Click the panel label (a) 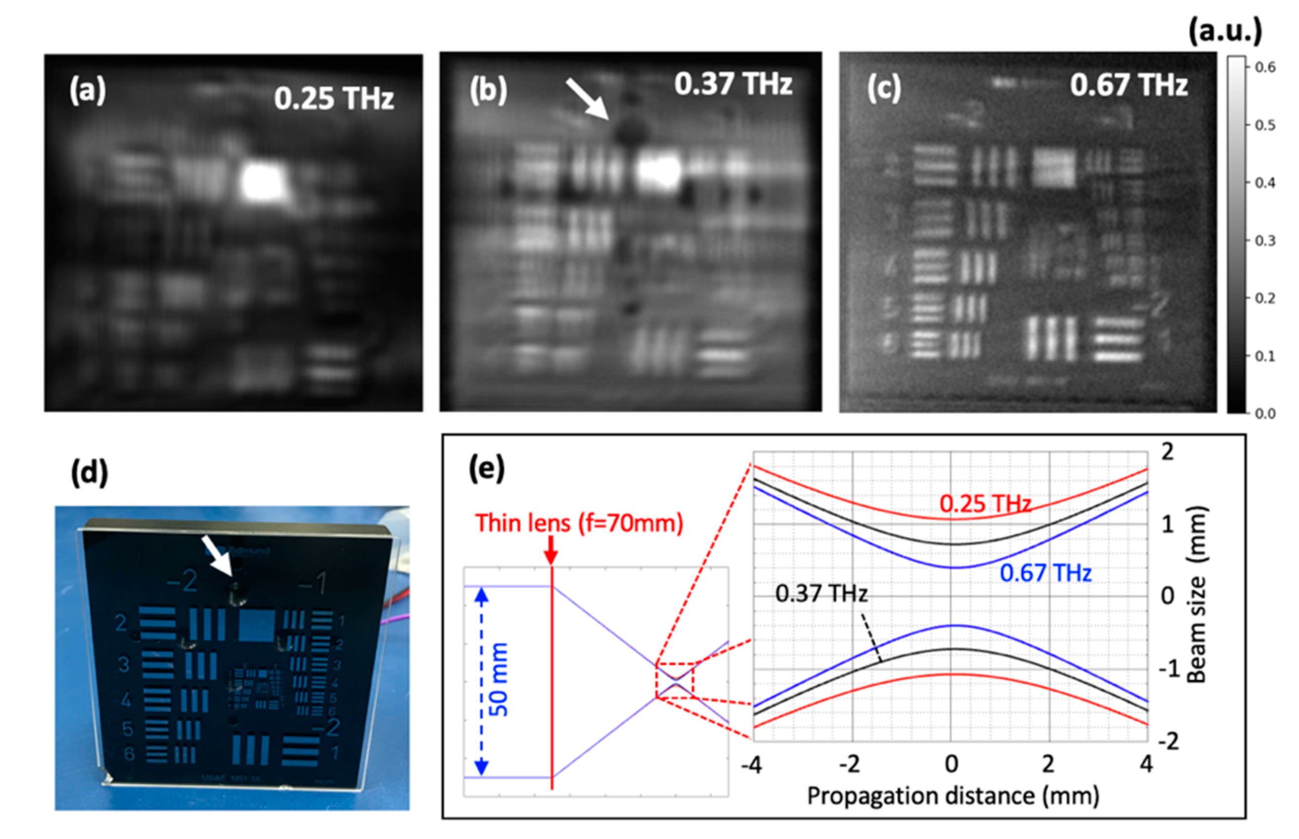click(87, 91)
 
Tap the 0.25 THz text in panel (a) click(334, 99)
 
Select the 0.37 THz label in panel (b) click(732, 84)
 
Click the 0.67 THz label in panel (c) click(1128, 85)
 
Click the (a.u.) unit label click(1224, 32)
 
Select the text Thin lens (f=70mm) click(579, 523)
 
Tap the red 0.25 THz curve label click(985, 503)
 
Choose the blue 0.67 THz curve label click(1045, 573)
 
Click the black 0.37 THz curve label click(821, 593)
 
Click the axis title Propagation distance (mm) click(952, 796)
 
